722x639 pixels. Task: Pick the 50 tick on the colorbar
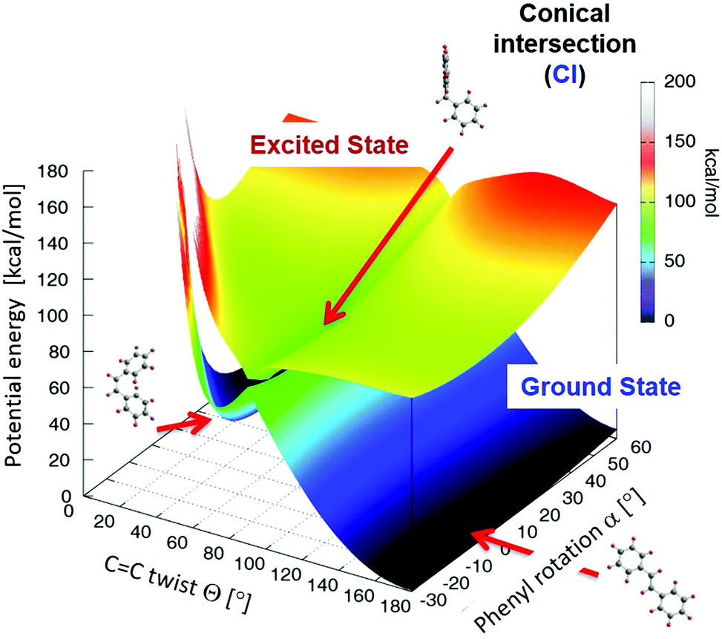pos(675,261)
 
